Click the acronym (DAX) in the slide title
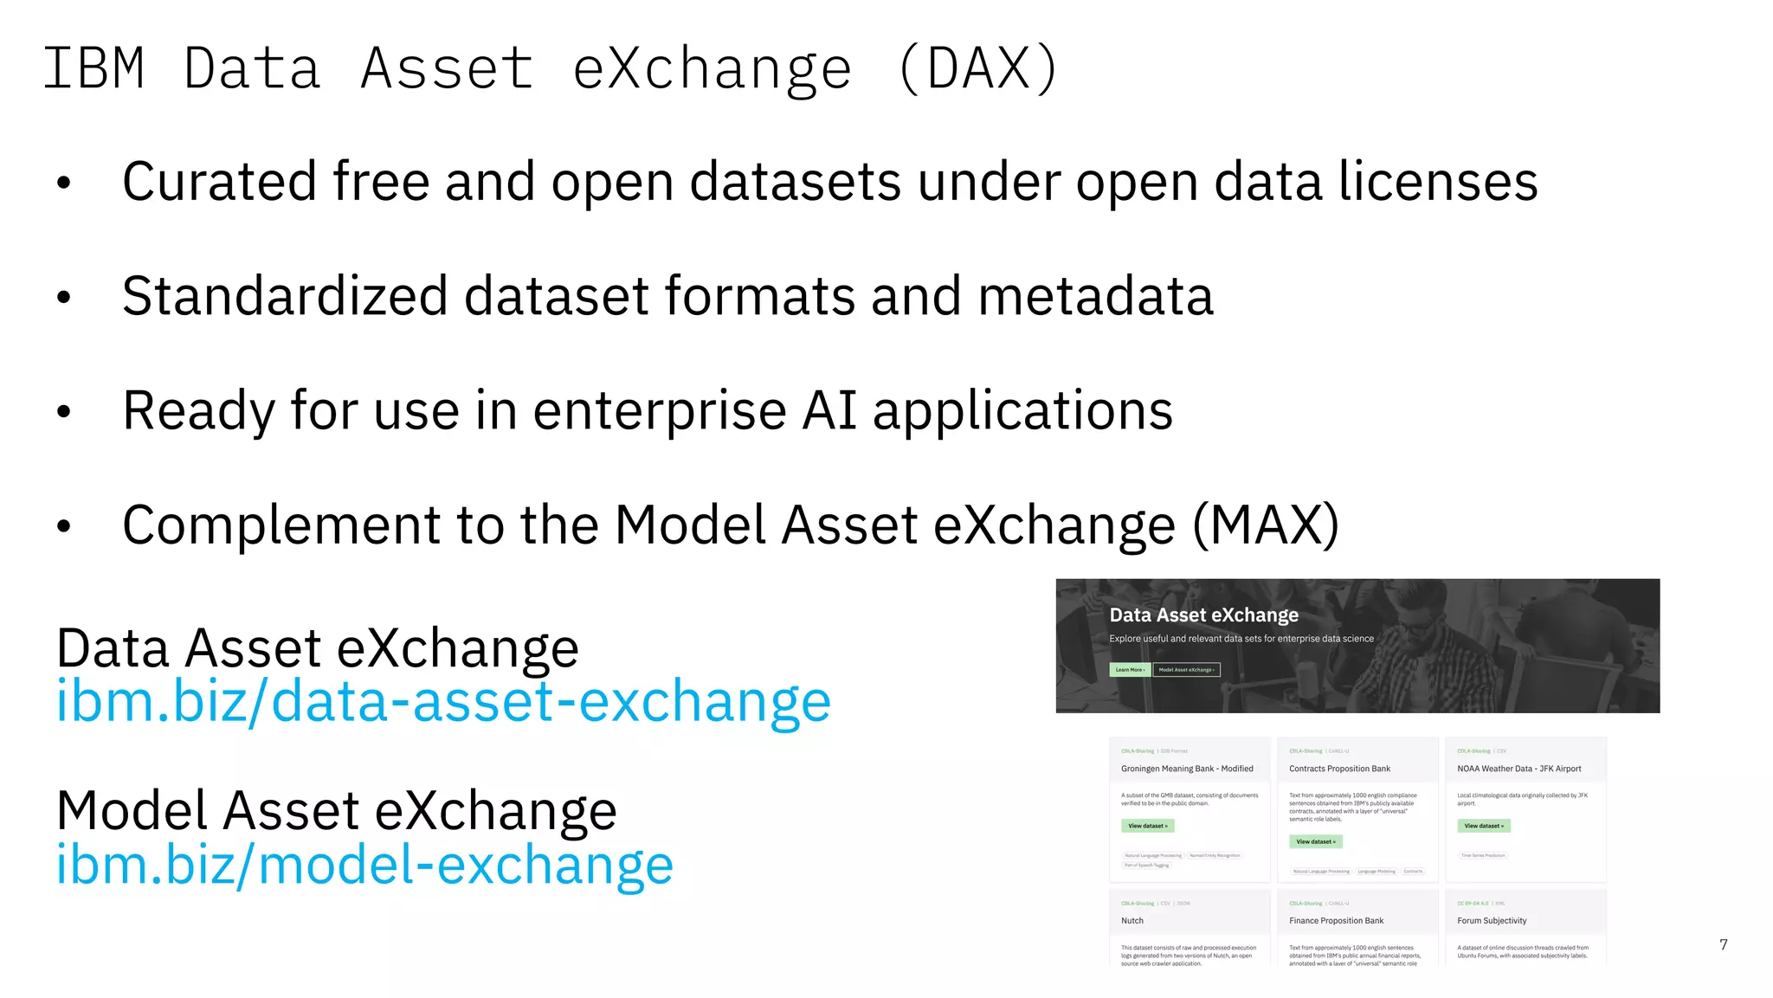(x=978, y=69)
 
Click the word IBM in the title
(x=93, y=69)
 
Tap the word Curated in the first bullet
(x=219, y=182)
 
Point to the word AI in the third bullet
(x=828, y=410)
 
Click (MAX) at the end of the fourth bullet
(x=1265, y=525)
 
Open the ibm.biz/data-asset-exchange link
(x=443, y=700)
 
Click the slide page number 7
(x=1723, y=944)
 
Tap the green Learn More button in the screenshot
(x=1130, y=669)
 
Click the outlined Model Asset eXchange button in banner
(x=1186, y=669)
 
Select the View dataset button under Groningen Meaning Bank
(x=1147, y=826)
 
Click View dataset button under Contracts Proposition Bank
(x=1315, y=841)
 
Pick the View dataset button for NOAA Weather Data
(x=1483, y=826)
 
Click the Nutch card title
(x=1132, y=921)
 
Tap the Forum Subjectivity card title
(x=1492, y=921)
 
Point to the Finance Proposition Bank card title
(x=1336, y=921)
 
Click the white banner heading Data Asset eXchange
(x=1203, y=615)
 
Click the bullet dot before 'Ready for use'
(x=63, y=412)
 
